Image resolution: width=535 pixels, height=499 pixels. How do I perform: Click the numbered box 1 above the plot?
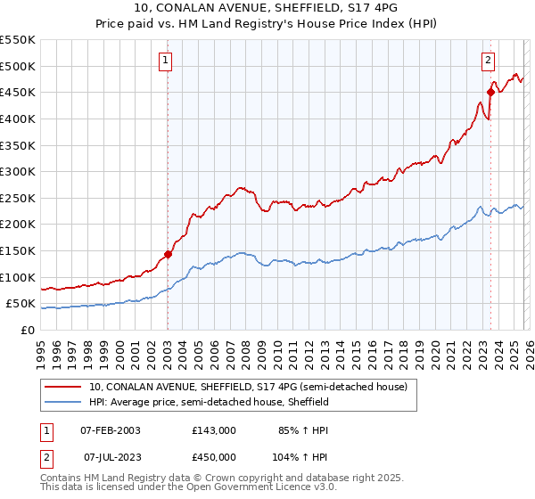coord(167,61)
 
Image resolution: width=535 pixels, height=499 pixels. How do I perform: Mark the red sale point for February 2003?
coord(168,254)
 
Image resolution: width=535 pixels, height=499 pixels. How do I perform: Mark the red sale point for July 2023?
coord(491,92)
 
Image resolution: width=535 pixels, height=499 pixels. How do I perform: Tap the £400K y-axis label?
coord(18,119)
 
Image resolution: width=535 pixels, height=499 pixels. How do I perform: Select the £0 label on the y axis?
coord(27,330)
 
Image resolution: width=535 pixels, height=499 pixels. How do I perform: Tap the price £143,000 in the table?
coord(214,430)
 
